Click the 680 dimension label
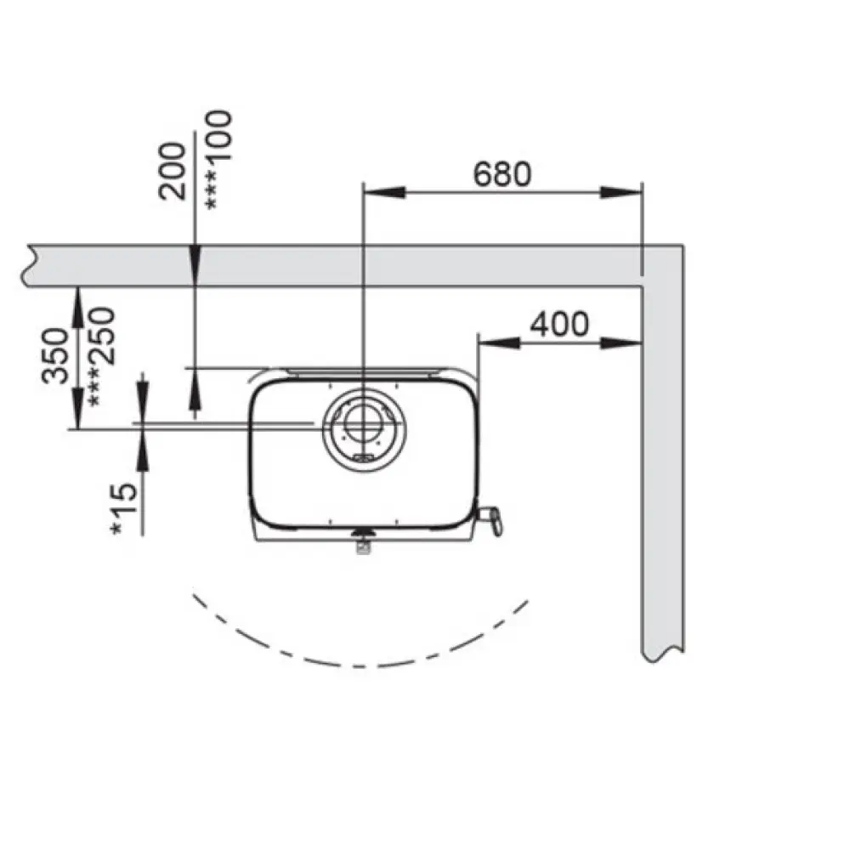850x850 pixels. (x=502, y=174)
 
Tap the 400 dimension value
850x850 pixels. (x=559, y=324)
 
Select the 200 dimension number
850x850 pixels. (x=173, y=172)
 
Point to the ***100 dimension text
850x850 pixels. (x=218, y=160)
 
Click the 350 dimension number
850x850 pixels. (x=55, y=355)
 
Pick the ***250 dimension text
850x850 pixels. (x=101, y=358)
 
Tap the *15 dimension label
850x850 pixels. (x=124, y=509)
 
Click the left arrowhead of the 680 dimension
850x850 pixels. (x=384, y=192)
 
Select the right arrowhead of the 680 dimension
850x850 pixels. (x=621, y=192)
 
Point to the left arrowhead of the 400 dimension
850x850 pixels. (x=499, y=343)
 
